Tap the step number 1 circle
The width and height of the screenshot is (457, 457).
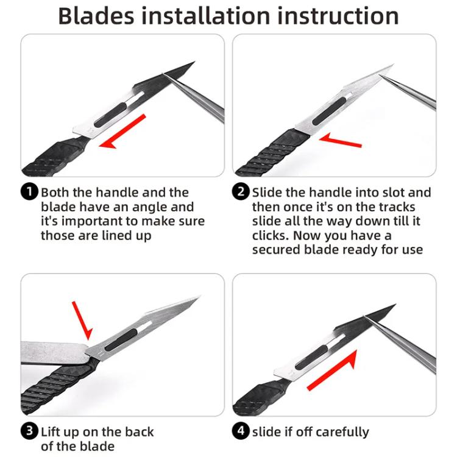[x=30, y=193]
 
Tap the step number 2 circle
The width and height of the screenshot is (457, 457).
[x=242, y=193]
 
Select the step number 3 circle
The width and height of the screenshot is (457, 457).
[x=30, y=432]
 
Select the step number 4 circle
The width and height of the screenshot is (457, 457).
[x=242, y=432]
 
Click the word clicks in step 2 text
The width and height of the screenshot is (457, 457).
[x=271, y=235]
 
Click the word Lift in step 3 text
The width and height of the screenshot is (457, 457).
[x=51, y=432]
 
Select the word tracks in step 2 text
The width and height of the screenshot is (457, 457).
[x=411, y=207]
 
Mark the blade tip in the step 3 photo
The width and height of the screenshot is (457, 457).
[x=197, y=298]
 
